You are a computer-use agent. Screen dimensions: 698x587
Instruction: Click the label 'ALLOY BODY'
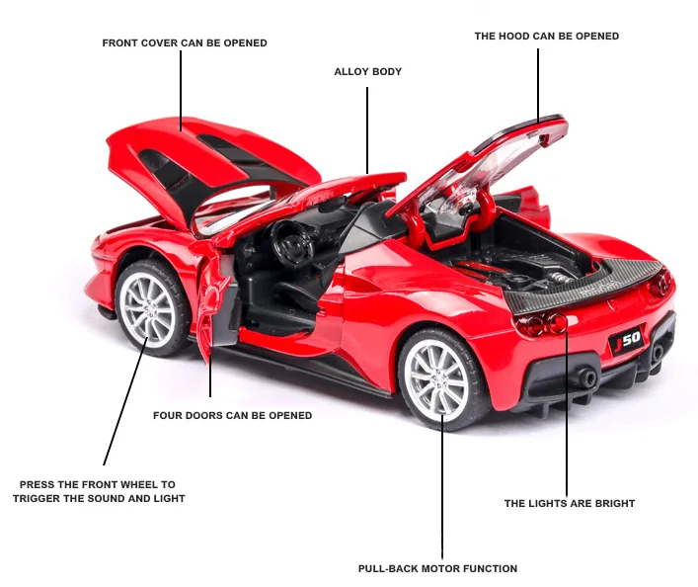pos(367,72)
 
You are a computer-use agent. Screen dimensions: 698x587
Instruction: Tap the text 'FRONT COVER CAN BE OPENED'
pos(185,43)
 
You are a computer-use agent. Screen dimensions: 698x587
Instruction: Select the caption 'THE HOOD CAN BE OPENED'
pos(546,37)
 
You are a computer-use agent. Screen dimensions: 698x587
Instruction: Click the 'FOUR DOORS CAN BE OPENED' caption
pos(232,416)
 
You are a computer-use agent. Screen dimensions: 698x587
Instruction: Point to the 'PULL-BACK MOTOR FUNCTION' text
pos(437,569)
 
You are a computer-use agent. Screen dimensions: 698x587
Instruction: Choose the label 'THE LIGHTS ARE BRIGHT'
pos(570,504)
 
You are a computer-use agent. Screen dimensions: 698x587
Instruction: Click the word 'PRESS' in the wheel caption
pos(40,485)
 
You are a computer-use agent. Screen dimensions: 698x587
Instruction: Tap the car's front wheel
pos(151,308)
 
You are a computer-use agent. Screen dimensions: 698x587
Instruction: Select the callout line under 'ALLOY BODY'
pos(367,128)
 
